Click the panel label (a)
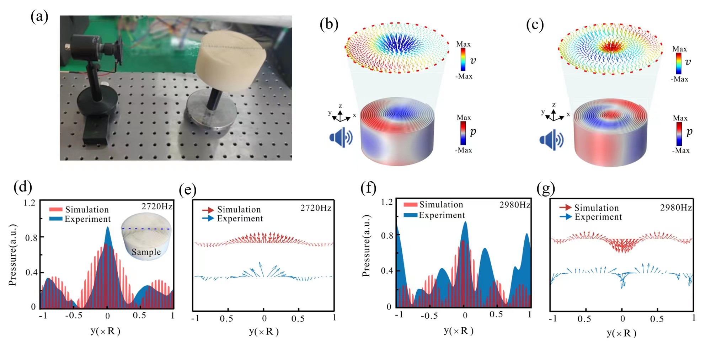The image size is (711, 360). point(39,17)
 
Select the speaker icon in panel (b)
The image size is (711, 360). point(341,138)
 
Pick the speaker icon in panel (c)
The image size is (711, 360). point(551,140)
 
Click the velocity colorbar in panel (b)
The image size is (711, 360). point(463,59)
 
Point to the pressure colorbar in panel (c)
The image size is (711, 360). point(679,134)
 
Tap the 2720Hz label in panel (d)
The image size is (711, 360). point(157,206)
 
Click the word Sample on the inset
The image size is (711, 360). point(146,252)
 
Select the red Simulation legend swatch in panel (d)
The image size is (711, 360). point(56,209)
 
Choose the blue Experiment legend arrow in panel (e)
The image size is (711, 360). point(208,218)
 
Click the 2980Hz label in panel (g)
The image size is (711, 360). point(676,208)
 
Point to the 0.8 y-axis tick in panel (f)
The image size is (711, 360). point(387,236)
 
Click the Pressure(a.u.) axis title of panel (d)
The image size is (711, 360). point(13,255)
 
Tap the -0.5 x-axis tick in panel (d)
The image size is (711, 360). point(74,316)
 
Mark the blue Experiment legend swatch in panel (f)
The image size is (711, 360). point(411,215)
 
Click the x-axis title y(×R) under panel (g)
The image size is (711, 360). point(621,333)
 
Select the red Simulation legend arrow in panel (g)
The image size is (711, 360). point(565,208)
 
